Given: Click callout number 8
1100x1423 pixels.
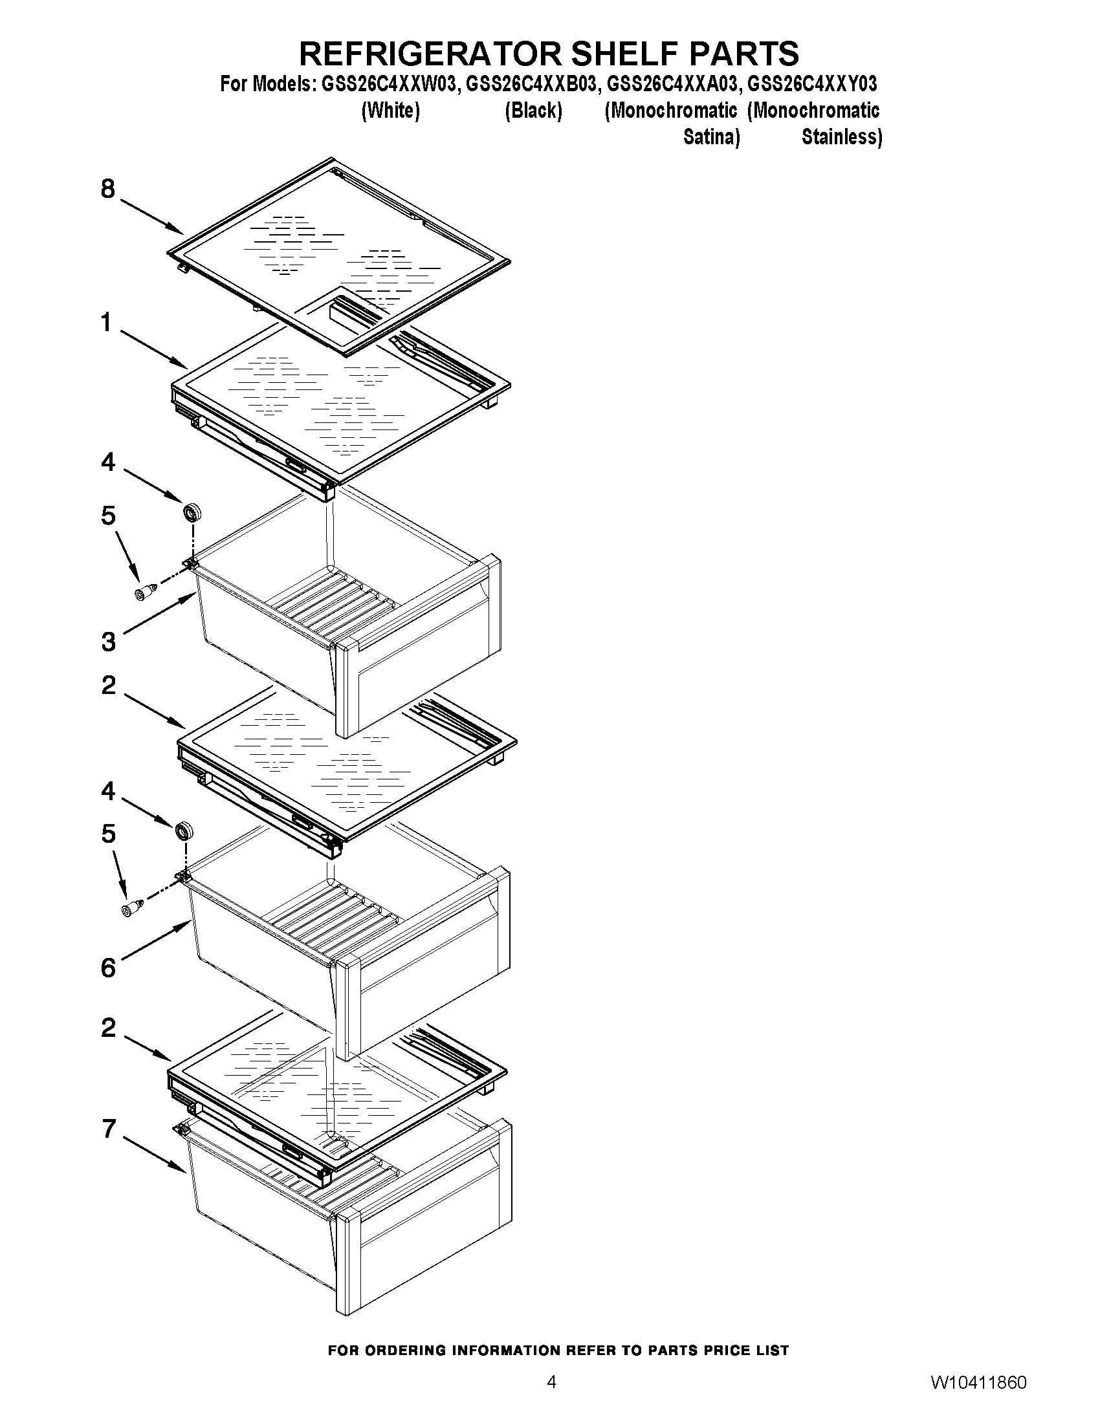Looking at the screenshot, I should (107, 189).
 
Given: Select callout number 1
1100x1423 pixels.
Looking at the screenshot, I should (106, 323).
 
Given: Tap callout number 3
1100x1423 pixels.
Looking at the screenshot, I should (108, 642).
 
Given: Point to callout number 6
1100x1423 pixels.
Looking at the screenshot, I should (108, 968).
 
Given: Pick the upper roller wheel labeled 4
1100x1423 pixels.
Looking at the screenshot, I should (192, 512).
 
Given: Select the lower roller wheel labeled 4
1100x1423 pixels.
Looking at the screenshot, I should (184, 831).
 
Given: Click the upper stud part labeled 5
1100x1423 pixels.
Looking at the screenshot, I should (145, 592).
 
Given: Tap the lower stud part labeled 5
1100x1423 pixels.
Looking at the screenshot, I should (131, 907).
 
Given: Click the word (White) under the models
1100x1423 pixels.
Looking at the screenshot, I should (390, 111).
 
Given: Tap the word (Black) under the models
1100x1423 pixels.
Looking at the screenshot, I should (533, 111).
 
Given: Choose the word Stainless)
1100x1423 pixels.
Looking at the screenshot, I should (841, 138).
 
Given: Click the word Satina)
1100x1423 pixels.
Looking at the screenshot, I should (711, 138).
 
